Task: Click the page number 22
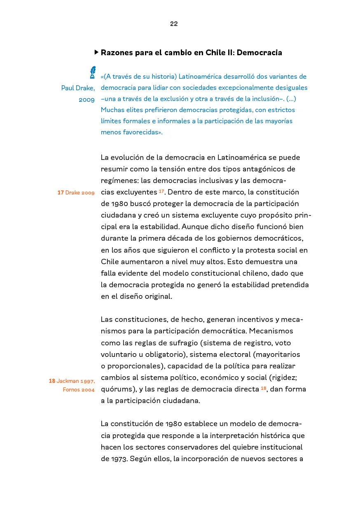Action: [x=174, y=24]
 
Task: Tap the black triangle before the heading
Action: [x=96, y=52]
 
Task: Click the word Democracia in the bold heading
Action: [x=259, y=53]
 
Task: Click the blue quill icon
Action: [x=93, y=73]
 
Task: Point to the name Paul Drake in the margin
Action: [x=78, y=88]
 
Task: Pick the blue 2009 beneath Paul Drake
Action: [x=86, y=100]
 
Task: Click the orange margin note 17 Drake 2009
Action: [x=76, y=192]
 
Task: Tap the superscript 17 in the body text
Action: [x=161, y=191]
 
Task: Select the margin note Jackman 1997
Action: [x=72, y=381]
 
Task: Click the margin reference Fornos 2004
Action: [x=79, y=389]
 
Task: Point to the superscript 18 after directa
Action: [x=264, y=387]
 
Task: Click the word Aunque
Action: [x=194, y=227]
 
